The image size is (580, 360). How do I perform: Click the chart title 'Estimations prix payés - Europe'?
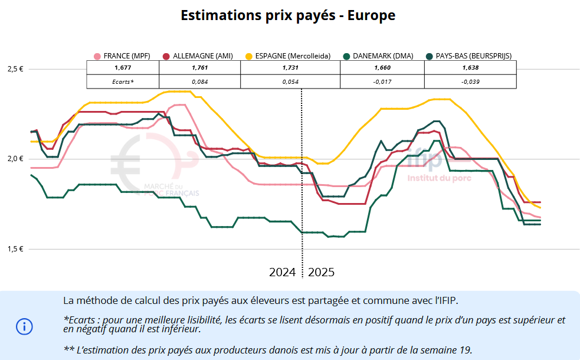288,16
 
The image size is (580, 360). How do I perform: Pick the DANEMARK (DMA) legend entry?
382,56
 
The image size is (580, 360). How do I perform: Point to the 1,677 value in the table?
123,68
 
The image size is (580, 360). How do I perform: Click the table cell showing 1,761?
200,68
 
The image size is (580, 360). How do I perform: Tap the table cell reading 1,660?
382,68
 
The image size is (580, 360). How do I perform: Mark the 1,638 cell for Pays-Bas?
470,68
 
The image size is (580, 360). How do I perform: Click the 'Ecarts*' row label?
123,81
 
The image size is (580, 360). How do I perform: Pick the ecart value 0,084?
200,81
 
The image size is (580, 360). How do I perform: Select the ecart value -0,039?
470,81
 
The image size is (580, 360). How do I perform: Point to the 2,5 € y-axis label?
15,69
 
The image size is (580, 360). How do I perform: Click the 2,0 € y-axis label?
15,159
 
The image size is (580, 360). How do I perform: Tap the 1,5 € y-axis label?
15,249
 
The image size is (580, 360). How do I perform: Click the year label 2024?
283,272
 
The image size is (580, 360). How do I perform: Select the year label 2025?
322,272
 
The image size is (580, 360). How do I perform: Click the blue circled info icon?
24,326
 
